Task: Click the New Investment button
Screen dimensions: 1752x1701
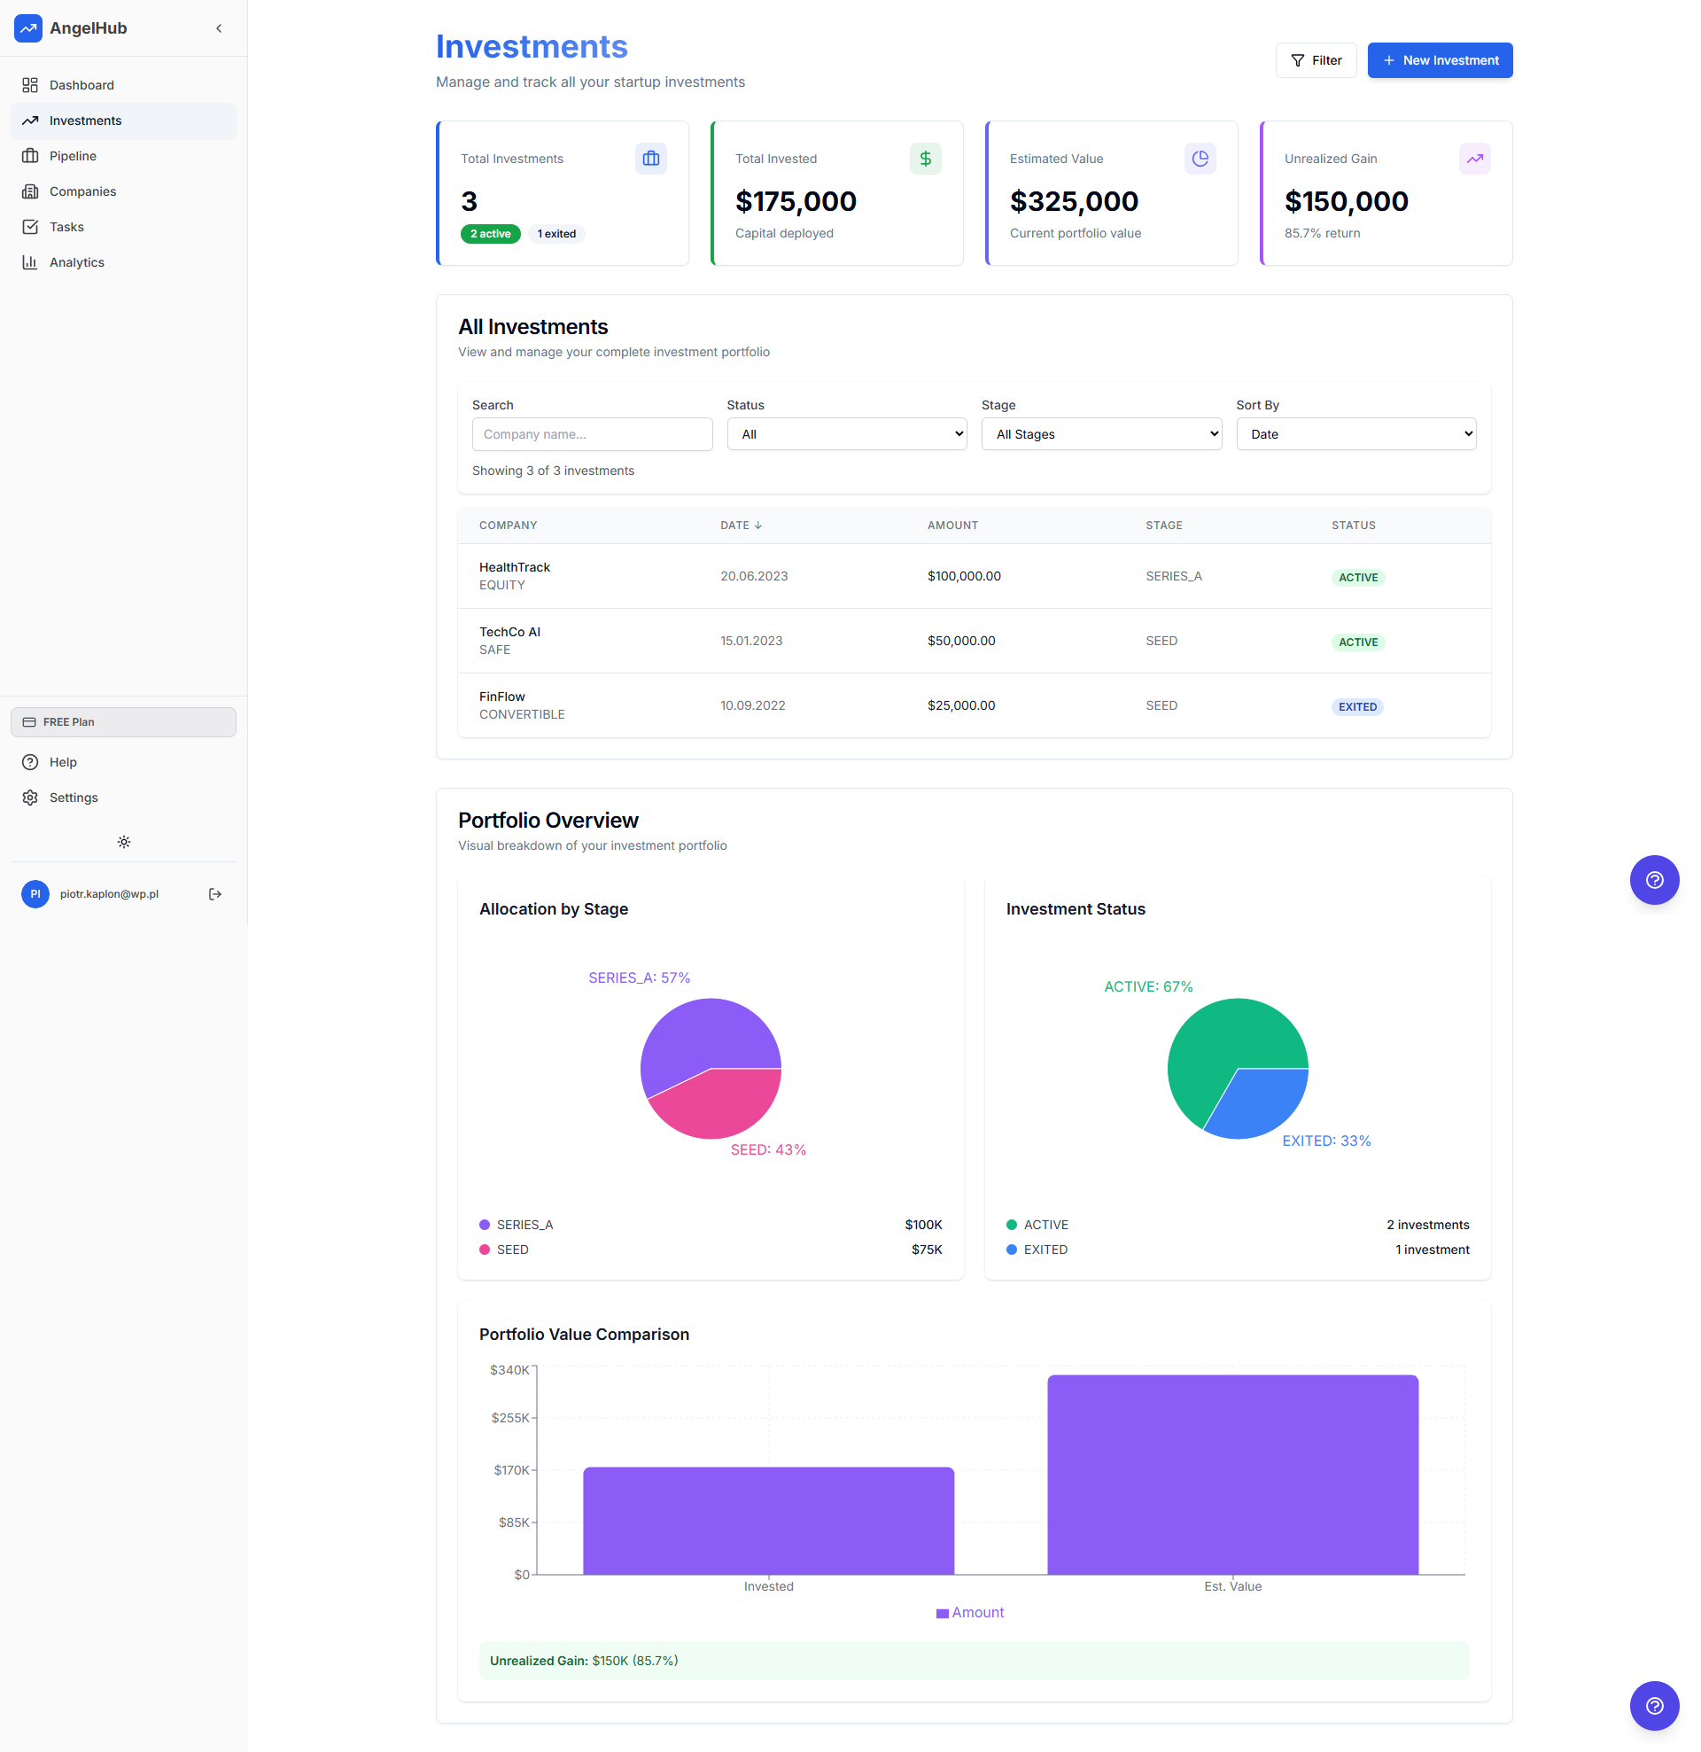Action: click(1439, 61)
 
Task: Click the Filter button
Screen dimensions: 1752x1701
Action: click(1315, 61)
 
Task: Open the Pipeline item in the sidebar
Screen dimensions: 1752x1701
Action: click(73, 157)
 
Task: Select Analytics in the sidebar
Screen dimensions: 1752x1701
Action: click(76, 263)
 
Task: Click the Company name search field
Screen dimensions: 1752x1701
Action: click(592, 434)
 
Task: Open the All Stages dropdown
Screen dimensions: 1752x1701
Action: click(1100, 434)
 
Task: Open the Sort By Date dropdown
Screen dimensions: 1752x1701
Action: click(1355, 434)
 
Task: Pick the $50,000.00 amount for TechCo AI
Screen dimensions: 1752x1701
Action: click(961, 641)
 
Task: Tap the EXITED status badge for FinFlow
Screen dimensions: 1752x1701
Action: click(1357, 707)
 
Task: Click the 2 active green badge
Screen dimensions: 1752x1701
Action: click(490, 234)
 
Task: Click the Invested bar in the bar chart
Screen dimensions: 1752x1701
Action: click(768, 1521)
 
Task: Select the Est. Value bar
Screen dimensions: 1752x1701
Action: click(1231, 1475)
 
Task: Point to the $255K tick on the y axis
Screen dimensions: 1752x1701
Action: click(509, 1418)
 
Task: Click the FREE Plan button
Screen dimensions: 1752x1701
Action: click(123, 722)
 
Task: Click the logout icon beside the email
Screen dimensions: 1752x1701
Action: click(215, 894)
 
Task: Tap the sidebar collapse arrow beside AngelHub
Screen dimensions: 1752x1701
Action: click(219, 28)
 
